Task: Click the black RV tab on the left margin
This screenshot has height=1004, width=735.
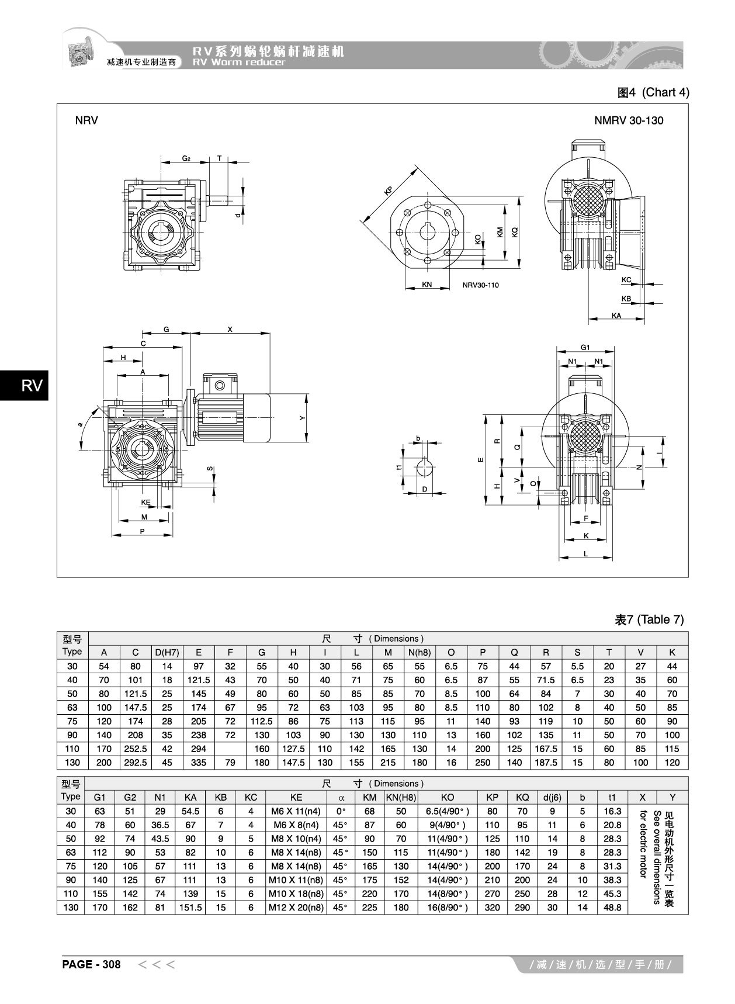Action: click(24, 386)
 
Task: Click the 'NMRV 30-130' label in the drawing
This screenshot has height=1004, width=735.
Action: click(629, 121)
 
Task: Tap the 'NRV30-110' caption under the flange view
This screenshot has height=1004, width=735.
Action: click(480, 285)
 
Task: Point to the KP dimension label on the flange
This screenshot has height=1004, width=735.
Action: click(388, 191)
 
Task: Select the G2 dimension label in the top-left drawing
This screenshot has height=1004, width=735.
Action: click(186, 158)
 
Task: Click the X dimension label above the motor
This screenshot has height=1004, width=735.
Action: click(230, 330)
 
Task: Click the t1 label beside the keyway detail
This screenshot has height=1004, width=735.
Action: click(398, 468)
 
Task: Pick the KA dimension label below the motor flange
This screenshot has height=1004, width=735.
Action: click(616, 316)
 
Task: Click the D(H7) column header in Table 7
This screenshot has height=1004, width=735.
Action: click(167, 652)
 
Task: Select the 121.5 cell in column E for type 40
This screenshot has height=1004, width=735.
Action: click(199, 680)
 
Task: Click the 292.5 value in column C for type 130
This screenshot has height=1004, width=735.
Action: click(136, 763)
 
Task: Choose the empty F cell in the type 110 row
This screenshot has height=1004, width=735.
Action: click(230, 749)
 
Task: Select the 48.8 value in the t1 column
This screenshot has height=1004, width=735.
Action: click(612, 908)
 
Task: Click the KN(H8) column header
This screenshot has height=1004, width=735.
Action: click(401, 797)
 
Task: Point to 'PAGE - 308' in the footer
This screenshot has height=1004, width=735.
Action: click(91, 965)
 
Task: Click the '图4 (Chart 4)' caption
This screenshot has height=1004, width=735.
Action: click(653, 92)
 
